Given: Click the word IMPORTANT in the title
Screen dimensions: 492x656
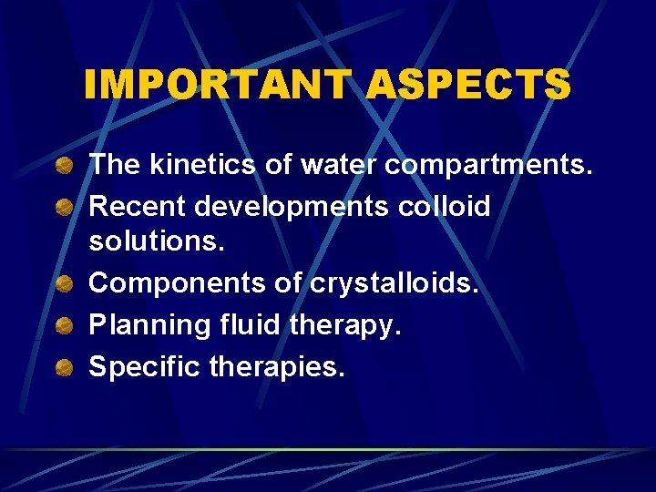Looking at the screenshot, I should [x=217, y=85].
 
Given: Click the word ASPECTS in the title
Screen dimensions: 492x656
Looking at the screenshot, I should [x=468, y=85].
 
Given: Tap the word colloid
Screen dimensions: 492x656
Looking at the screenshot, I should [x=446, y=207].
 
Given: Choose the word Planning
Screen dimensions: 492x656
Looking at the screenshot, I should [x=142, y=326].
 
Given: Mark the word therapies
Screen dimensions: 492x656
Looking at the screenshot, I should [x=277, y=367].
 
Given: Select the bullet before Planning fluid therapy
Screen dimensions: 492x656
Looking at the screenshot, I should [x=64, y=326].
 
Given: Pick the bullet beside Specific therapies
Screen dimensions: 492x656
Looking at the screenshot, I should [x=64, y=367].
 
